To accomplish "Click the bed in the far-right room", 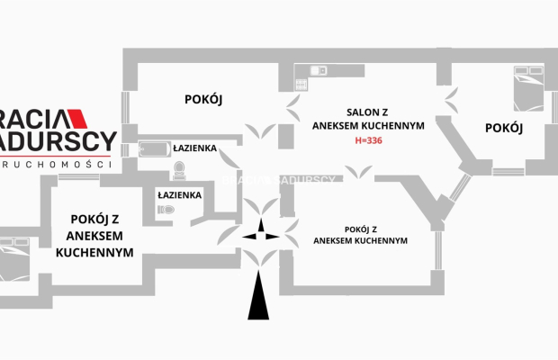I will tap(526, 86).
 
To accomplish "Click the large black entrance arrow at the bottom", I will tap(258, 298).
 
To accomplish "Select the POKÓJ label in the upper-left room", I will tap(204, 99).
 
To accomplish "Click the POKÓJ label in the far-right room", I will tap(504, 128).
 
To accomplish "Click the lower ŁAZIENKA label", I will tap(179, 194).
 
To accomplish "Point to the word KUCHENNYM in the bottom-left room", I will tap(94, 253).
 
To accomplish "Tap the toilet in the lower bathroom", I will tap(165, 209).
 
